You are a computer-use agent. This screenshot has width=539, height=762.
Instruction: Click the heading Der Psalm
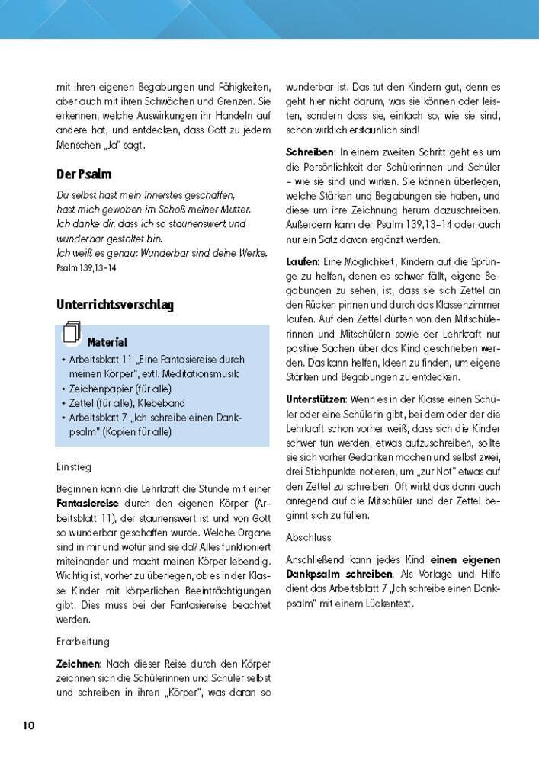click(84, 174)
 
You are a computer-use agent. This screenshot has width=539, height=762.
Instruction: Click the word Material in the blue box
click(107, 343)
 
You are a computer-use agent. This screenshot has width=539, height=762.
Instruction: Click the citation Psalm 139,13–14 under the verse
click(86, 268)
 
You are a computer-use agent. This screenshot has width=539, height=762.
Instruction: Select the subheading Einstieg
click(74, 466)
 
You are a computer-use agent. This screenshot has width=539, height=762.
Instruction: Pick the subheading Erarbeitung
click(83, 642)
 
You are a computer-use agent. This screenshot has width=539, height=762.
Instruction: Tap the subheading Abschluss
click(312, 537)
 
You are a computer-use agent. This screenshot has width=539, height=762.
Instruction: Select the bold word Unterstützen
click(316, 399)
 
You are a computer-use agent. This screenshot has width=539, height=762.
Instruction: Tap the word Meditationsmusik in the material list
click(194, 374)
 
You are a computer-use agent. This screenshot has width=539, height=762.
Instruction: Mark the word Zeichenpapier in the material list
click(98, 389)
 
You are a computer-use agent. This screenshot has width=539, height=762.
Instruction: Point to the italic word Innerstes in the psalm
click(163, 194)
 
